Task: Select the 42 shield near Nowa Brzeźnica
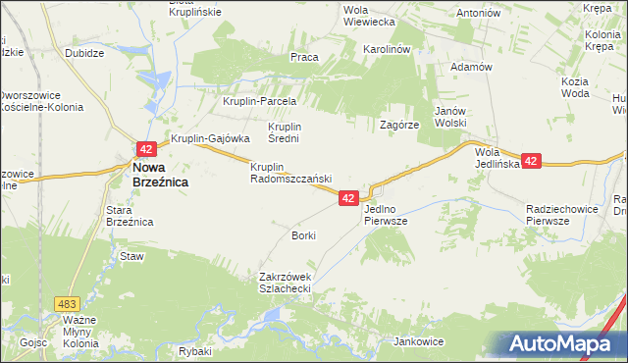145,149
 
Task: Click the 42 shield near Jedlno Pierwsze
348,198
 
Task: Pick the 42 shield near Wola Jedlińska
531,161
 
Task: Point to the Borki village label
303,236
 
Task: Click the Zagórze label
400,126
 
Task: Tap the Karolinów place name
387,48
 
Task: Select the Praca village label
304,57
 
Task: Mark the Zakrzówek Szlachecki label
285,283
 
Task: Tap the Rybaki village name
196,351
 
